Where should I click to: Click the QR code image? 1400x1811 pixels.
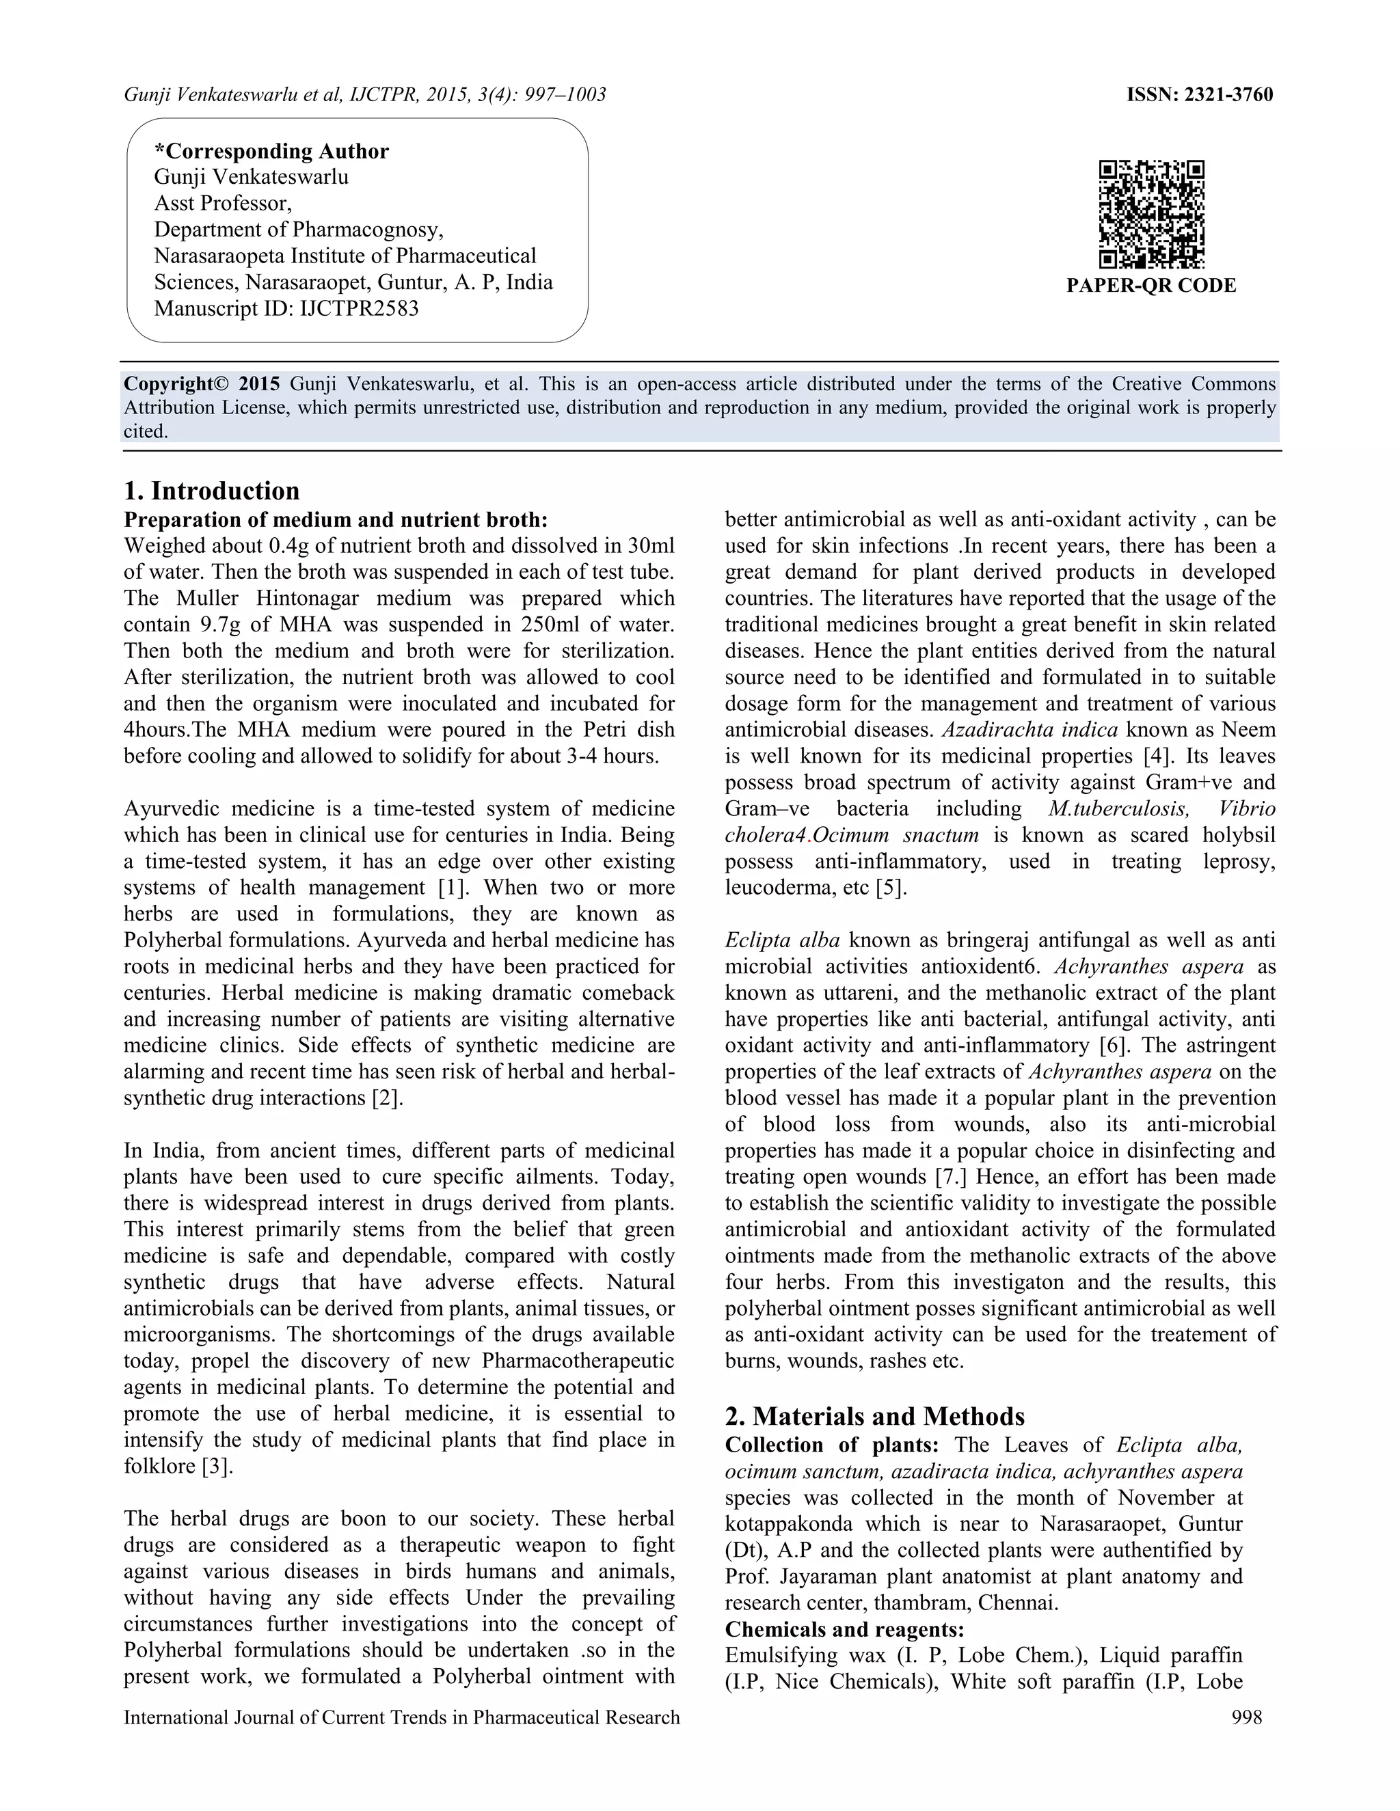(1151, 214)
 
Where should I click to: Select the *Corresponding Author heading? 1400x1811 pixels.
(271, 151)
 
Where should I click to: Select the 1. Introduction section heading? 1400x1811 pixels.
(211, 491)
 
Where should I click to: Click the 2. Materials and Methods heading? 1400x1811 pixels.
(874, 1415)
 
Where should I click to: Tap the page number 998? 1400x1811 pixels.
(1247, 1717)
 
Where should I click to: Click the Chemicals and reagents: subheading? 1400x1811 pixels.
(844, 1629)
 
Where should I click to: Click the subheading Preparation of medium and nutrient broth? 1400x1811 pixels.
(335, 520)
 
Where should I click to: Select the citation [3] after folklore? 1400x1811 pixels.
(217, 1466)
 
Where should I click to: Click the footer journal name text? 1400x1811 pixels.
(401, 1717)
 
